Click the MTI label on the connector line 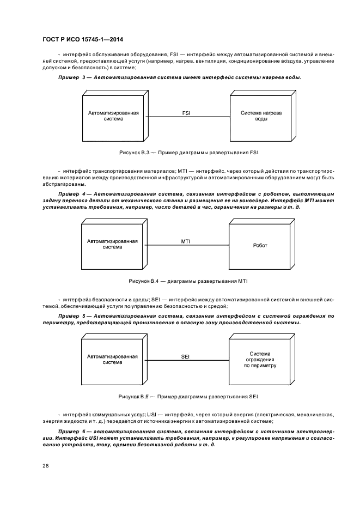[186, 240]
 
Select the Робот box [260, 246]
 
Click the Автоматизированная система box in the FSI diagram [113, 117]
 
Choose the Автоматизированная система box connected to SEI [113, 360]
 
